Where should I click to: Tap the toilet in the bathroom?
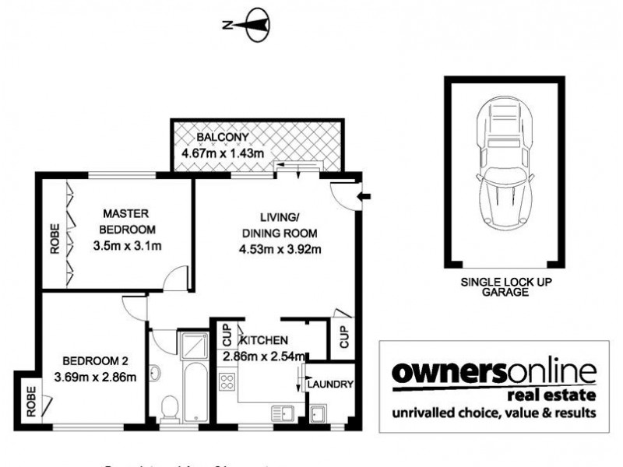(169, 407)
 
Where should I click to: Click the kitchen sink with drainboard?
(280, 413)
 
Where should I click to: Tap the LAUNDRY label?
(330, 384)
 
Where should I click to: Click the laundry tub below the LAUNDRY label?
(319, 413)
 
